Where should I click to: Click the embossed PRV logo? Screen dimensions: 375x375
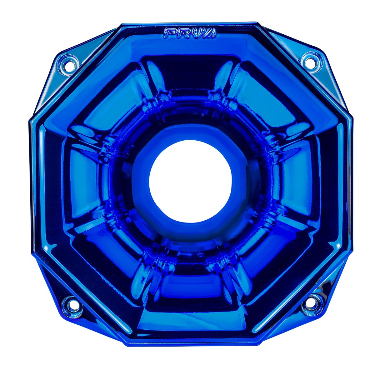coord(190,33)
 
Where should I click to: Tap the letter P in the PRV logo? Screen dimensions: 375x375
coord(171,33)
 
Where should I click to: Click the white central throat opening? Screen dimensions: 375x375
coord(190,181)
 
